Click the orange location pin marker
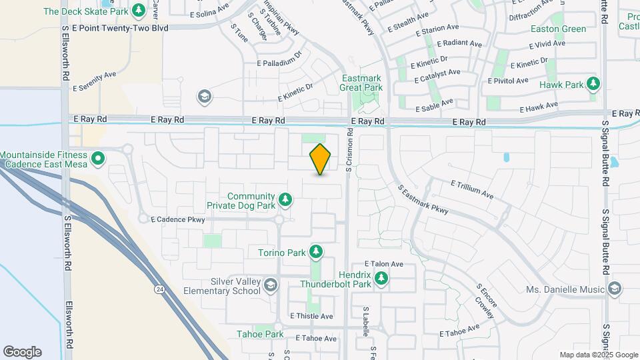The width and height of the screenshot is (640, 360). [321, 159]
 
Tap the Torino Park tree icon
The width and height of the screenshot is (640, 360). [316, 252]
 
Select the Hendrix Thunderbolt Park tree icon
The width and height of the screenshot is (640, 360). [381, 279]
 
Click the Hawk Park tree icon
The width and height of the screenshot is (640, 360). [593, 84]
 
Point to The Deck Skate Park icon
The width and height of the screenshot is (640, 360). [139, 10]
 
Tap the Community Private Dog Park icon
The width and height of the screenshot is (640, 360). [285, 199]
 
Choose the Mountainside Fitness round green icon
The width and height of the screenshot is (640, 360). [98, 159]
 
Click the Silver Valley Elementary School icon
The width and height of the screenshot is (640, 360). [271, 286]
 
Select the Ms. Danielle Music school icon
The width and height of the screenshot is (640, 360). [614, 289]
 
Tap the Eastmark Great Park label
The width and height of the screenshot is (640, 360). [361, 83]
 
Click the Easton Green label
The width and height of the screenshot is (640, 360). [559, 29]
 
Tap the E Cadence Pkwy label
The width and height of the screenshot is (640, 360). [177, 219]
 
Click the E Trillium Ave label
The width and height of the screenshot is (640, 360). [471, 189]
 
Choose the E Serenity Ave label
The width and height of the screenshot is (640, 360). [95, 81]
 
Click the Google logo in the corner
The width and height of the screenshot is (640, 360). [22, 352]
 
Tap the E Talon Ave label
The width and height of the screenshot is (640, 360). [383, 264]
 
